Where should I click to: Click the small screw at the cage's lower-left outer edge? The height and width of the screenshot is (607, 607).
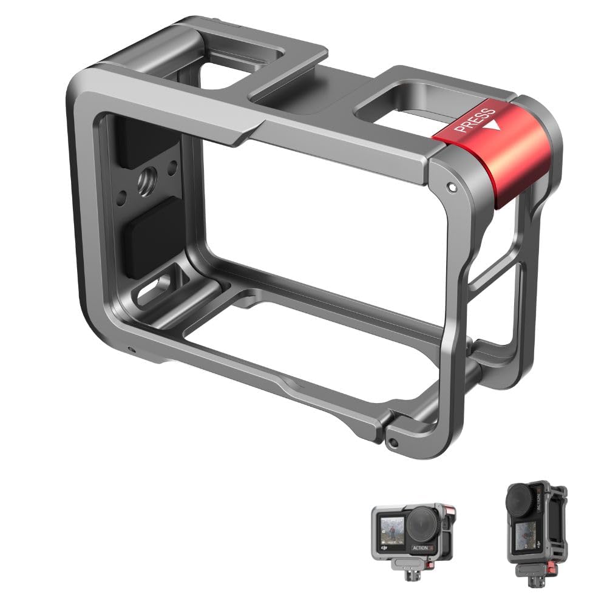(x=130, y=349)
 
